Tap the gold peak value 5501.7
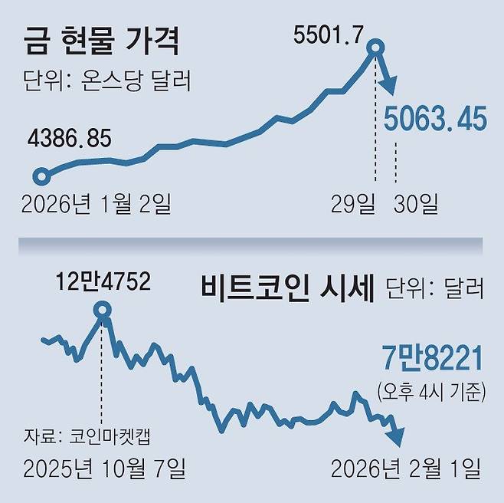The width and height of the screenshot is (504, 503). pyautogui.click(x=330, y=34)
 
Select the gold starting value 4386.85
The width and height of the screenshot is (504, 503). pyautogui.click(x=69, y=139)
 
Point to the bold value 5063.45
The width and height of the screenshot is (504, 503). pyautogui.click(x=435, y=120)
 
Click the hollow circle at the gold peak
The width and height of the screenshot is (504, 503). pyautogui.click(x=375, y=51)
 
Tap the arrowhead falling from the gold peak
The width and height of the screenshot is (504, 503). pyautogui.click(x=390, y=86)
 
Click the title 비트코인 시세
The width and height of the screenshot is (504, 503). pyautogui.click(x=286, y=288)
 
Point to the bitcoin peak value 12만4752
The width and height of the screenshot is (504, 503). pyautogui.click(x=103, y=282)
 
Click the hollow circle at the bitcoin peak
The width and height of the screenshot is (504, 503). pyautogui.click(x=102, y=311)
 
